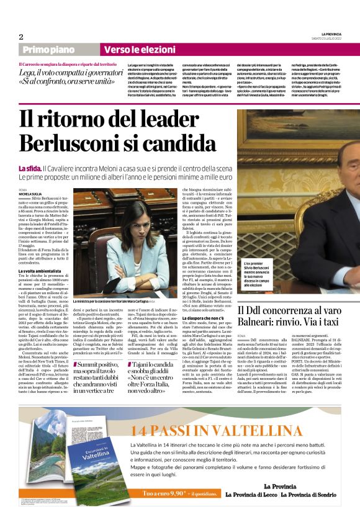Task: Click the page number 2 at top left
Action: (20, 37)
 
